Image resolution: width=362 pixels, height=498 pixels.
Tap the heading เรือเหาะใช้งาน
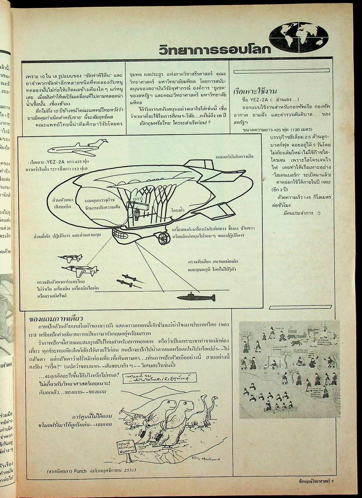point(255,92)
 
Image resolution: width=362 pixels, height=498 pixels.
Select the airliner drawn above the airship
point(78,148)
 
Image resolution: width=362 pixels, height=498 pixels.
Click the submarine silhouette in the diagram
point(196,298)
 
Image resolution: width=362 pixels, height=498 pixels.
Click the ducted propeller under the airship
point(162,237)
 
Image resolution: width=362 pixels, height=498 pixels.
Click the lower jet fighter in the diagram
point(80,270)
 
